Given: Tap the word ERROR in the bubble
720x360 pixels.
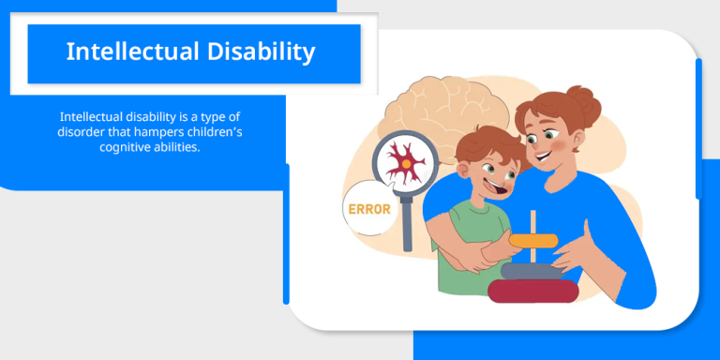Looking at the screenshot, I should coord(368,208).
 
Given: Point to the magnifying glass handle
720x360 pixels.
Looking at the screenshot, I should coord(407,224).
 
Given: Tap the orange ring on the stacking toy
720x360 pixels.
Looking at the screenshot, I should coord(533,241).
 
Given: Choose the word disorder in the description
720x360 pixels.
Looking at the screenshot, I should coord(82,132).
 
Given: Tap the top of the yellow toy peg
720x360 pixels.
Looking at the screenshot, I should coord(533,215).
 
